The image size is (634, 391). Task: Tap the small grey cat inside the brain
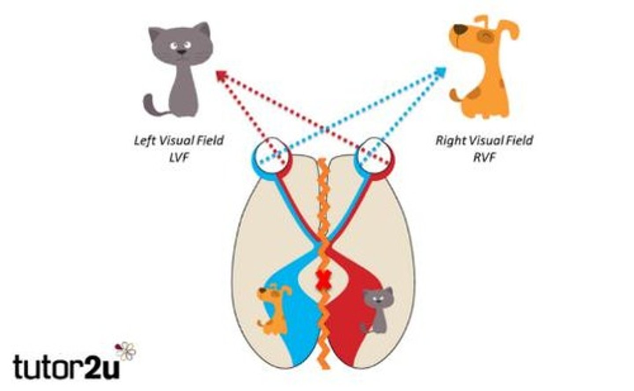click(x=377, y=310)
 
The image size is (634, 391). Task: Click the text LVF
click(x=179, y=157)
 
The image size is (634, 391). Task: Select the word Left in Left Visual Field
click(x=144, y=141)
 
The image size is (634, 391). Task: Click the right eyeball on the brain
click(x=374, y=156)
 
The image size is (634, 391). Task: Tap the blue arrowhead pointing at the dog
click(x=440, y=73)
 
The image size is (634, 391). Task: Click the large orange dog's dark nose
click(x=460, y=29)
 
